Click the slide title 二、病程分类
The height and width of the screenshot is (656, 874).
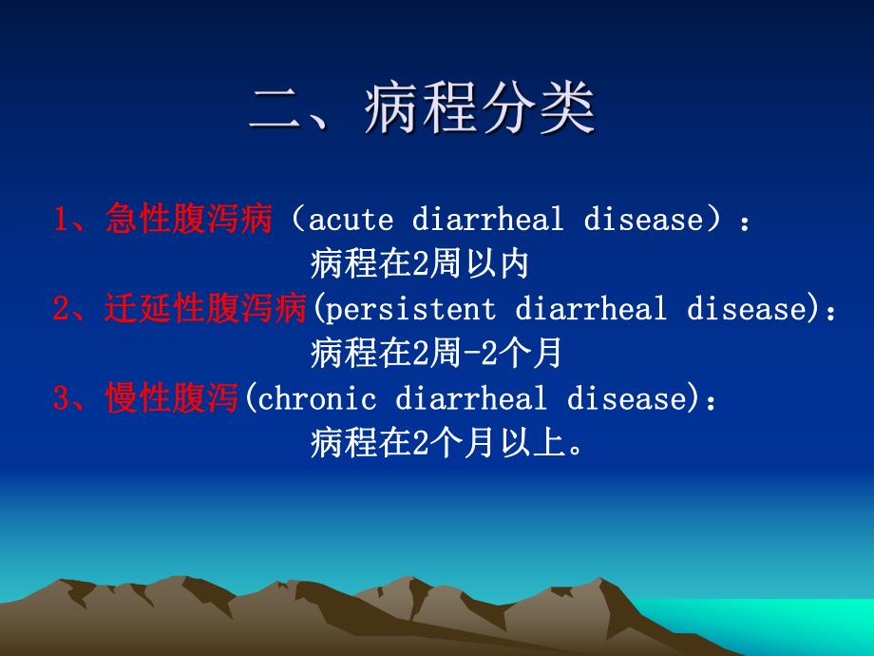click(423, 110)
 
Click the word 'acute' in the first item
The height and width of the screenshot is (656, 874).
click(351, 221)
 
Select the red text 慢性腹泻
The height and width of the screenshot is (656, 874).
click(171, 399)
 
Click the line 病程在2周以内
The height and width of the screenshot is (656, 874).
click(419, 265)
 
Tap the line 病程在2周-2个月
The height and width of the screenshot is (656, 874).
click(436, 355)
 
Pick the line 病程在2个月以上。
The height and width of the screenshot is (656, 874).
click(446, 444)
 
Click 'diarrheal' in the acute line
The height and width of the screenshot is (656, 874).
click(487, 221)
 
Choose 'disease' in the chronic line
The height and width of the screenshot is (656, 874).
click(625, 399)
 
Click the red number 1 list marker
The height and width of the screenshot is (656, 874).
click(61, 221)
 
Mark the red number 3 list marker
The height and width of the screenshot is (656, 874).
click(61, 399)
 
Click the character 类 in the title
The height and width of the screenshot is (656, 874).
click(565, 110)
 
